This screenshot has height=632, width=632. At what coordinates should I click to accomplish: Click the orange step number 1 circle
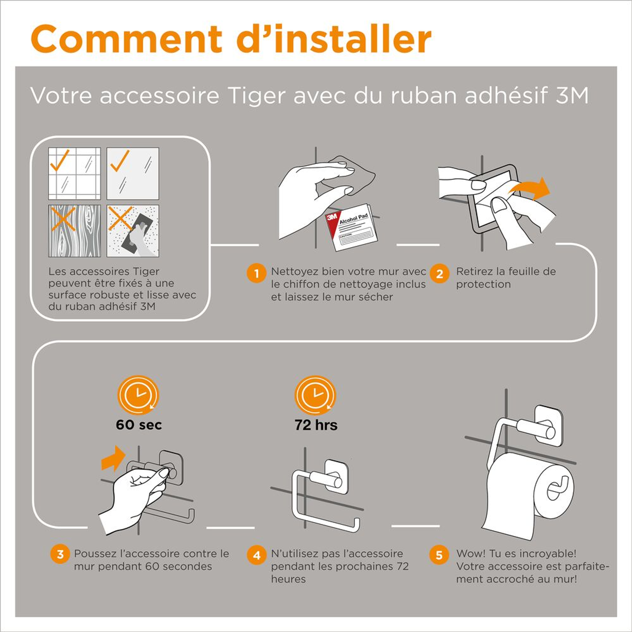257,273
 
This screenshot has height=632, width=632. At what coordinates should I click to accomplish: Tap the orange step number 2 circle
439,273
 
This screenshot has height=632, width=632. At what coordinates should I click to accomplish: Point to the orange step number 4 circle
257,555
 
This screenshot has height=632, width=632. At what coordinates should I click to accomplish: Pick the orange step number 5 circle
439,555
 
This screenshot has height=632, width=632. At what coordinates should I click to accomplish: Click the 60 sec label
139,425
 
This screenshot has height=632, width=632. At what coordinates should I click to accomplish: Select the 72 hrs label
316,425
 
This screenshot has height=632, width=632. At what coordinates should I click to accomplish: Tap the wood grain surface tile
75,231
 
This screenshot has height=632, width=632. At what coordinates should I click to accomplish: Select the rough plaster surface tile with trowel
133,231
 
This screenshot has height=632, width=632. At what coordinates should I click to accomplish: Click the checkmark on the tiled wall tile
59,160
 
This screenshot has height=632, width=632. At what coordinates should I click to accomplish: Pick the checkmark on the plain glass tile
120,161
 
